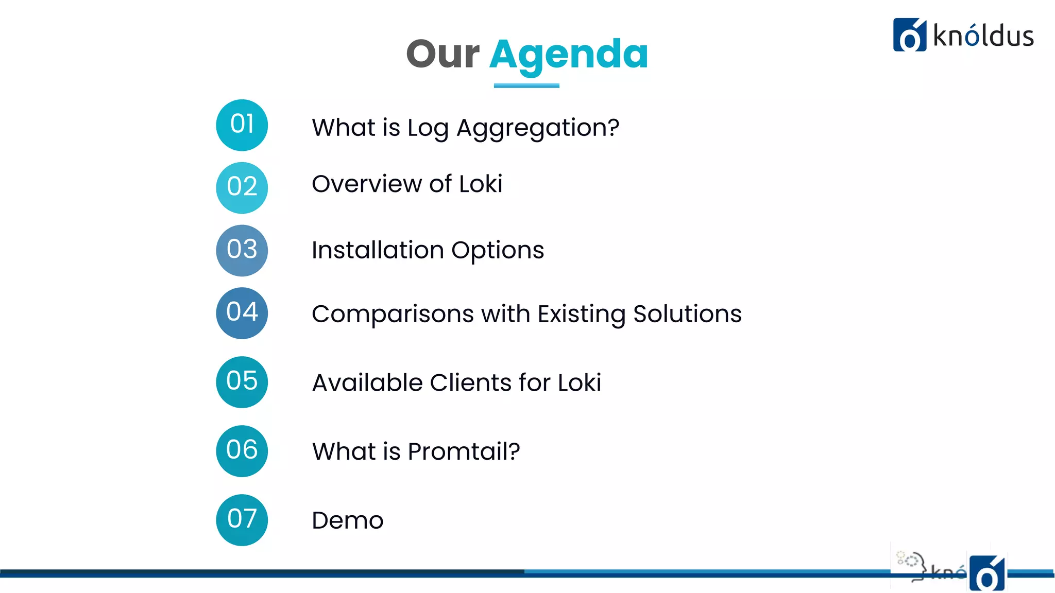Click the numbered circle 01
tap(242, 125)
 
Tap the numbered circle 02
tap(242, 188)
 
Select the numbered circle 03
tap(242, 251)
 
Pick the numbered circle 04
tap(242, 313)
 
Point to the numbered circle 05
tap(242, 382)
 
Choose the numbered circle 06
tap(242, 451)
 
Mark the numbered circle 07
tap(242, 520)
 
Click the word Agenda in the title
tap(569, 56)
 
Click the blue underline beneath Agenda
tap(526, 85)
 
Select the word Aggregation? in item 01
tap(538, 128)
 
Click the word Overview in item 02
tap(367, 184)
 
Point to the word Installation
tap(377, 250)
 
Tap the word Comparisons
tap(393, 314)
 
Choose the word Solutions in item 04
tap(687, 313)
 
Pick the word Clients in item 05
tap(471, 382)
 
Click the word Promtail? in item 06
tap(464, 451)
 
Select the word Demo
tap(348, 520)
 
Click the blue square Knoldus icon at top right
tap(909, 35)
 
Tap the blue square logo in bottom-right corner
tap(987, 573)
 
